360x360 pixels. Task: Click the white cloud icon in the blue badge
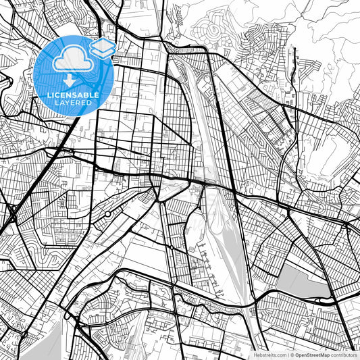coord(71,59)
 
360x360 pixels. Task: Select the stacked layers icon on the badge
coord(103,47)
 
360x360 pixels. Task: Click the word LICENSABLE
coord(73,95)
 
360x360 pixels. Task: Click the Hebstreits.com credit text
coord(269,355)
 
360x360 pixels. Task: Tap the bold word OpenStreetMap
coord(311,355)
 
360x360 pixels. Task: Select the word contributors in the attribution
coord(344,355)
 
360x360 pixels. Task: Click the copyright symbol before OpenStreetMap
coord(291,355)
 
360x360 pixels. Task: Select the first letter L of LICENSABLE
coord(49,95)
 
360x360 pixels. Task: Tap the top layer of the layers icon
coord(103,44)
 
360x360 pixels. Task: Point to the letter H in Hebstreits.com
coord(255,355)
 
